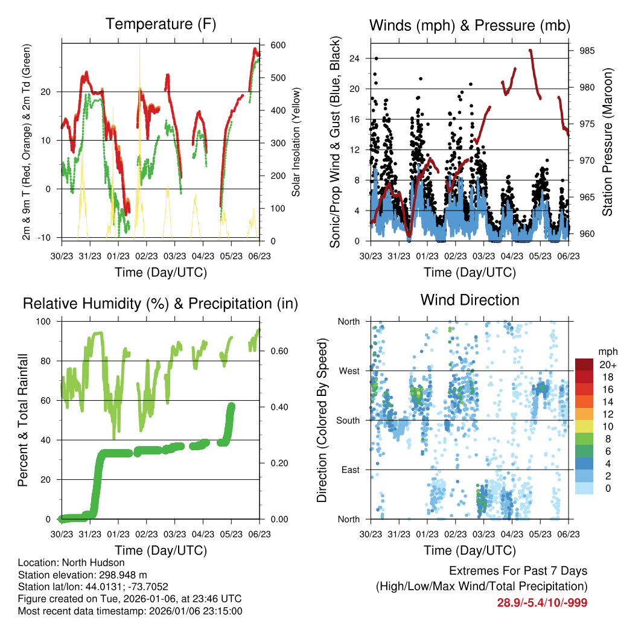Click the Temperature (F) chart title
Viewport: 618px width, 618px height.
161,24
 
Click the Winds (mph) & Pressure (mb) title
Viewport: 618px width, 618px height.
470,25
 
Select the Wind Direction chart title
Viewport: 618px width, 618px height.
470,300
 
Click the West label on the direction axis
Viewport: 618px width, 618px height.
348,371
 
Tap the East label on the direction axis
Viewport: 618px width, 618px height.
349,470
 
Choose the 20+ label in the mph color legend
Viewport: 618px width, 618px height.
607,365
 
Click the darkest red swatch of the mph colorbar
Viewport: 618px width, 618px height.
585,365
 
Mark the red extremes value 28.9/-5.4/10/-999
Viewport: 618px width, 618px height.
542,602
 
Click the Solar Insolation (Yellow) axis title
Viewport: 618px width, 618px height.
296,143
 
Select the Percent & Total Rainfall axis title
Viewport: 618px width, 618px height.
23,420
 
